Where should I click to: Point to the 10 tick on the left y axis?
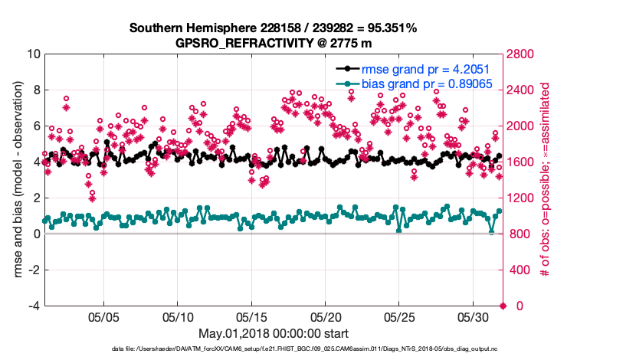pos(32,54)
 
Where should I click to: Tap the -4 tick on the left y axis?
pos(34,306)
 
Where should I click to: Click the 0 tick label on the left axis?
pos(36,234)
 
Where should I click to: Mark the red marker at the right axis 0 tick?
pos(503,306)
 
